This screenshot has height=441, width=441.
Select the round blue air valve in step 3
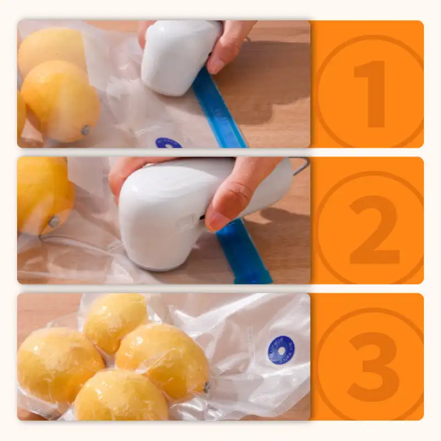281,350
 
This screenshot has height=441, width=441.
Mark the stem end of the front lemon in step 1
86,130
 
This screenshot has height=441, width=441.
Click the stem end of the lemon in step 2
53,222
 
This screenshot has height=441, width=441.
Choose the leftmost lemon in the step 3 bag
58,364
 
